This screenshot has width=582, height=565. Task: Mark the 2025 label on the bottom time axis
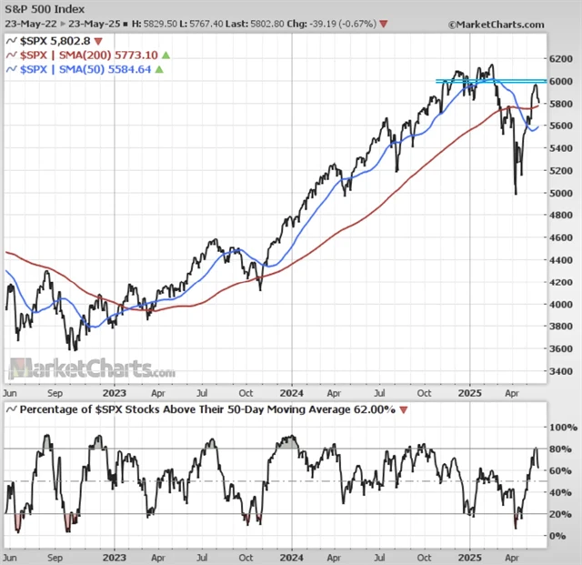[468, 555]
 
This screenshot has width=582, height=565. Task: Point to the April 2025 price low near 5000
[516, 193]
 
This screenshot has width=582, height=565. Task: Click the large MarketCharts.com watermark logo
[91, 369]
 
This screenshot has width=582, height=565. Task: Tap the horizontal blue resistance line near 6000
[491, 82]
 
